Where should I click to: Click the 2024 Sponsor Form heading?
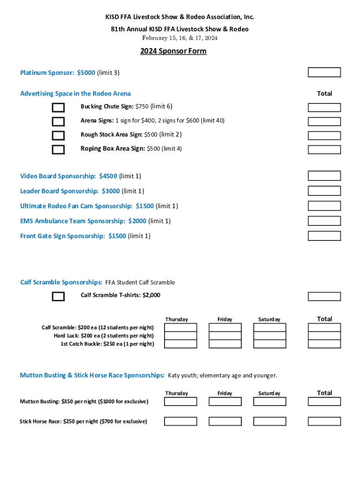click(173, 51)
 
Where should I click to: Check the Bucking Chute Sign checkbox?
click(58, 108)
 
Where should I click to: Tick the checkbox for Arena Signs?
click(58, 122)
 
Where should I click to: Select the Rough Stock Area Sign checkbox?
click(58, 136)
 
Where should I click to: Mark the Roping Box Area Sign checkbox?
click(58, 150)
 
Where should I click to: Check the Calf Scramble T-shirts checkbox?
click(58, 297)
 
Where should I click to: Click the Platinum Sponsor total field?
click(324, 72)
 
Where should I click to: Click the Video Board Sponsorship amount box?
click(324, 176)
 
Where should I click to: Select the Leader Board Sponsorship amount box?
click(324, 191)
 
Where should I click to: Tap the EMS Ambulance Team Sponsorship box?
click(324, 221)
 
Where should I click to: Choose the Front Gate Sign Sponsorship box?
click(324, 236)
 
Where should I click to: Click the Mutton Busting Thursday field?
click(180, 401)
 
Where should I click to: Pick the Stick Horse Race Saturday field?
click(269, 421)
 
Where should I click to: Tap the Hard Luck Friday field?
click(225, 335)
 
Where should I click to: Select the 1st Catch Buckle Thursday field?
click(180, 344)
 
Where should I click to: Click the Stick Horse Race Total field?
click(324, 421)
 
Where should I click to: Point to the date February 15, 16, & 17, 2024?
click(180, 38)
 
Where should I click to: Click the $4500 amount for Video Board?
click(108, 176)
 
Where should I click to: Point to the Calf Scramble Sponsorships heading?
click(61, 282)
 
